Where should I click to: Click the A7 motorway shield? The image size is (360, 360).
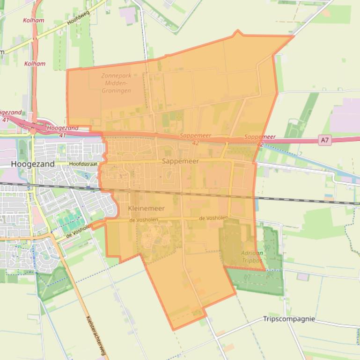point(325,140)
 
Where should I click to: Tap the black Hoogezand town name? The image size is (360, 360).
point(32,164)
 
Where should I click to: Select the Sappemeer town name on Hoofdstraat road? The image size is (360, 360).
point(180,161)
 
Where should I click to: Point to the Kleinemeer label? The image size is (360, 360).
point(146,208)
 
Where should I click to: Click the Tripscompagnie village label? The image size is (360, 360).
point(288,319)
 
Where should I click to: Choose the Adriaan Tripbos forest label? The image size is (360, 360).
point(252,257)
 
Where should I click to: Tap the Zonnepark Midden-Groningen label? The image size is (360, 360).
point(116,83)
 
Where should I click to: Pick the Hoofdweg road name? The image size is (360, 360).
point(78,19)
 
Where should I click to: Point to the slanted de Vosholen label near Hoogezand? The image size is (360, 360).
point(78,231)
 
